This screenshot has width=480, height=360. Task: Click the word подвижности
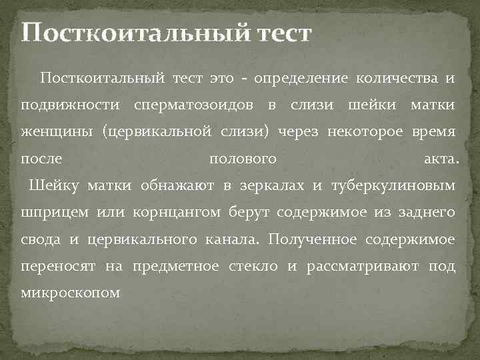(70, 105)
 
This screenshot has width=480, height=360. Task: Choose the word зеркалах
(265, 185)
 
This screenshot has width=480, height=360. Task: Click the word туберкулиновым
(393, 185)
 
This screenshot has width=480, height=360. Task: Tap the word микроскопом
(71, 293)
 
